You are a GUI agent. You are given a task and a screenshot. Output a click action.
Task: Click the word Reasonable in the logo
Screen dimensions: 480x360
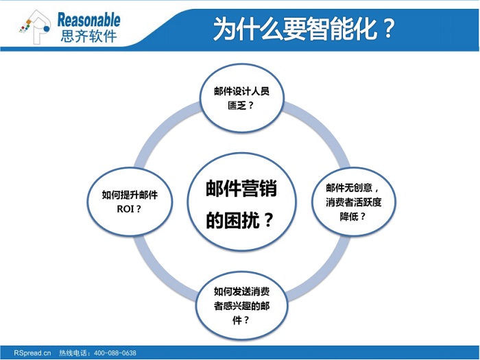[x=88, y=20]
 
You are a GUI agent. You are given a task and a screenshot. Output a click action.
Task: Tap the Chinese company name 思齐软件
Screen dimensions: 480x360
[x=88, y=36]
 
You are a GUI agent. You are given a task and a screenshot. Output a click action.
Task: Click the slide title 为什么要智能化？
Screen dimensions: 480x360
[x=304, y=29]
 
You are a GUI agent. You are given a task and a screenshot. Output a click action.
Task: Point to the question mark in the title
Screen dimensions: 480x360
[x=388, y=29]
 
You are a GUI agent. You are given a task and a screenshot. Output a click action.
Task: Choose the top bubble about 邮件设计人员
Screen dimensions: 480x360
[x=242, y=98]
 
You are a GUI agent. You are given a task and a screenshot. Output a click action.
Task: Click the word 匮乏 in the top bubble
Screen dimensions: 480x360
[x=237, y=106]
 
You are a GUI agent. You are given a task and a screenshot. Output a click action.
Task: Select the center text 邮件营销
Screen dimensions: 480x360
[x=241, y=188]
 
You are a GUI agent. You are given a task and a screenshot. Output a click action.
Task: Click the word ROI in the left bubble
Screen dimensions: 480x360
[x=125, y=209]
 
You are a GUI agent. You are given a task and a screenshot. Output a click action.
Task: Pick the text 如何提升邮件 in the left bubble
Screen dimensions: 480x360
[x=130, y=195]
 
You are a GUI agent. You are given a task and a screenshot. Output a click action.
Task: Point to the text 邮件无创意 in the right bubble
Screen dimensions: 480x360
[x=349, y=187]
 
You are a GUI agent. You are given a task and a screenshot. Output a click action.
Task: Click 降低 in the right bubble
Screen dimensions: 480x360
[x=349, y=217]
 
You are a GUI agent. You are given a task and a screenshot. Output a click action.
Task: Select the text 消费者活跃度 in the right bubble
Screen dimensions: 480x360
[x=354, y=202]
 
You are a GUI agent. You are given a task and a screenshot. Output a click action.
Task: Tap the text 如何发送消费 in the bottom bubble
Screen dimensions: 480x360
[x=242, y=291]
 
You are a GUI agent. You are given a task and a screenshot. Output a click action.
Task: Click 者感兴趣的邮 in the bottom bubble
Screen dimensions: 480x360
[x=242, y=306]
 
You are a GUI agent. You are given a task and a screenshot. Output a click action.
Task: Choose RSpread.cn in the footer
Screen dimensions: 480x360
[x=32, y=353]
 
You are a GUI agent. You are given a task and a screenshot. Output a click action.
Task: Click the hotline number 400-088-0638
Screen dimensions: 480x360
[x=115, y=353]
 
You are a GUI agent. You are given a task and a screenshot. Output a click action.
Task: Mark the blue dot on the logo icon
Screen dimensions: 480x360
[x=47, y=29]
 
